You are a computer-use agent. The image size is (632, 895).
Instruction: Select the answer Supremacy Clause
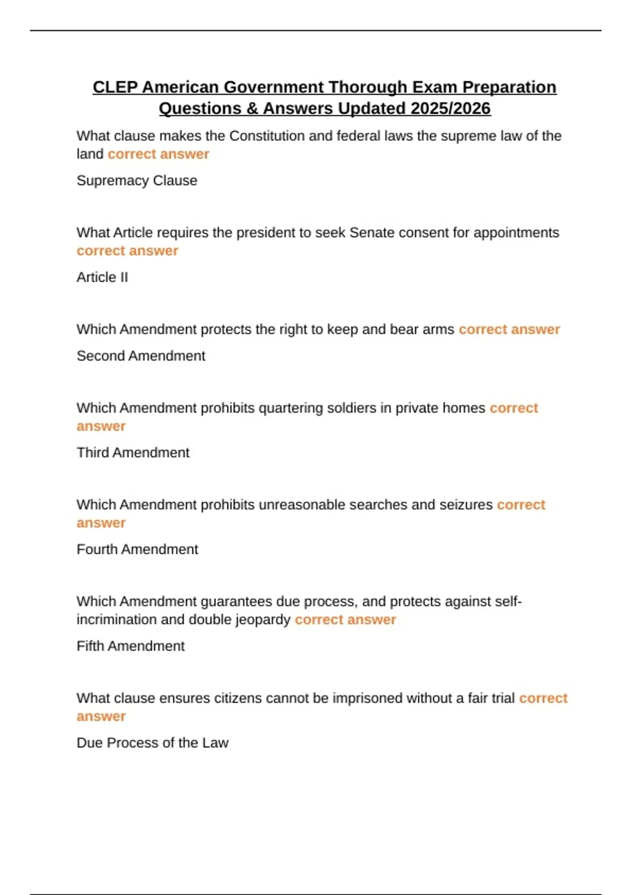pos(137,181)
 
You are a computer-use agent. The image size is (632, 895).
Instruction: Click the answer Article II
pos(102,277)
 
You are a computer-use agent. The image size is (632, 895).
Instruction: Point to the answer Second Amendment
pos(141,356)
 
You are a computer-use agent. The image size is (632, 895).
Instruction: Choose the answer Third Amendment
pos(133,453)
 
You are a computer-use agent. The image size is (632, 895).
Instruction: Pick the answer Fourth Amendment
pos(137,550)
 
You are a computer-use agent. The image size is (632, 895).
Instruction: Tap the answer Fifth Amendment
pos(131,647)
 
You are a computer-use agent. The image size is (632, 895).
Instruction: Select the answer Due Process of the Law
pos(152,743)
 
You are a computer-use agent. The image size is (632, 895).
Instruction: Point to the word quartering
pos(287,408)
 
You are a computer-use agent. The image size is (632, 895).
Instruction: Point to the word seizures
pos(466,505)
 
